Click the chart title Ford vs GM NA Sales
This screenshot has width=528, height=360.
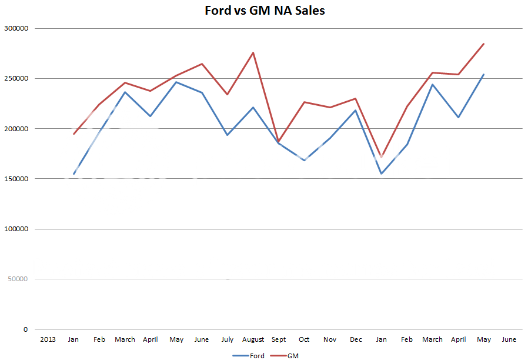[264, 10]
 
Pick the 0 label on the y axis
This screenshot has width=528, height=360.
[25, 329]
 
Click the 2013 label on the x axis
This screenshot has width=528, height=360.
[48, 339]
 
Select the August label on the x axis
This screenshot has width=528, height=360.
[253, 339]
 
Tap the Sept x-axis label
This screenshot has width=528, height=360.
[279, 339]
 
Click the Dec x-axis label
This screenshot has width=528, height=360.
[356, 339]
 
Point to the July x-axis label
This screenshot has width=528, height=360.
[228, 339]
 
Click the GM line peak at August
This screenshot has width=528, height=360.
[253, 53]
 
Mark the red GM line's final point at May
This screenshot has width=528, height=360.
[483, 44]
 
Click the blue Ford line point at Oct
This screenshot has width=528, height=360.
[304, 160]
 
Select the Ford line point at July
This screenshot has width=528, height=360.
[228, 135]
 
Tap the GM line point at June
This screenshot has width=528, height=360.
[202, 64]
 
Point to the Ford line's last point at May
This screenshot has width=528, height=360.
[483, 74]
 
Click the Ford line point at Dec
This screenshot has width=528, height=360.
[356, 110]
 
